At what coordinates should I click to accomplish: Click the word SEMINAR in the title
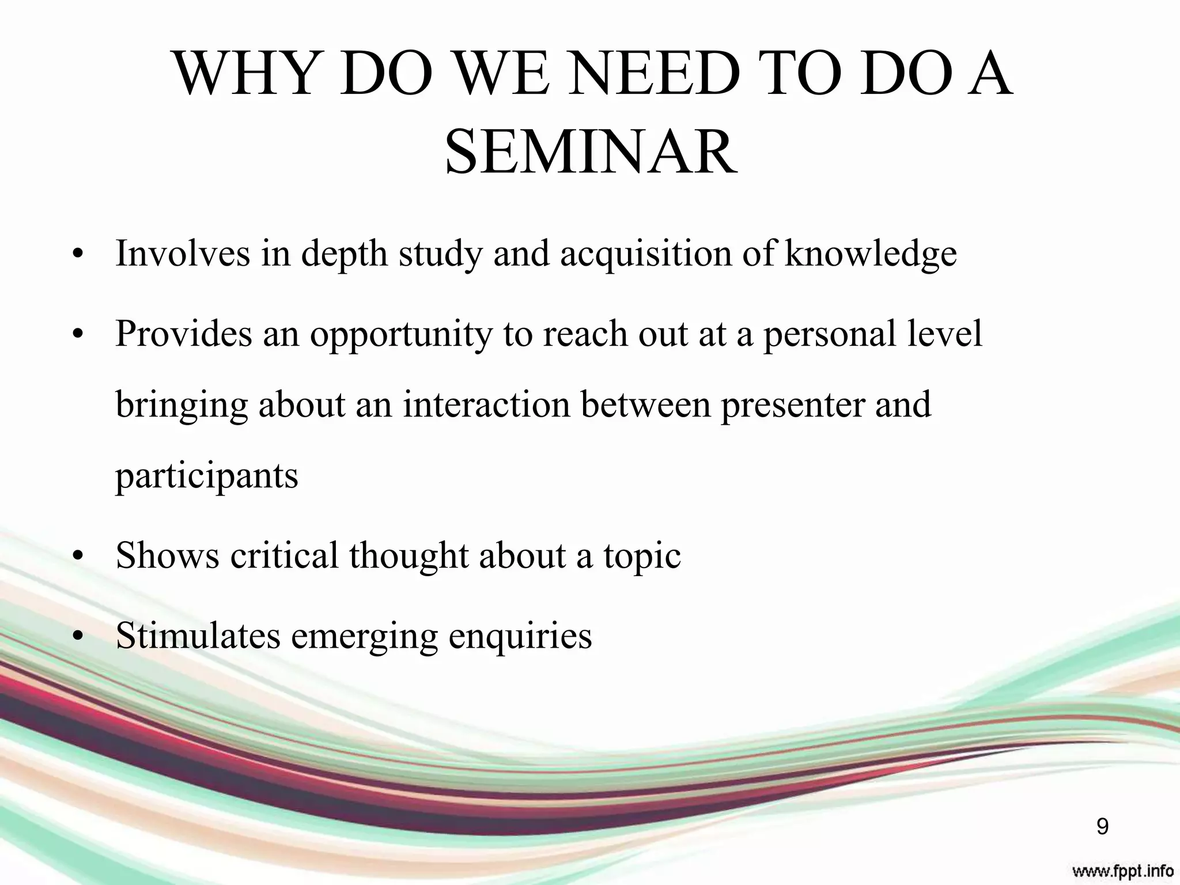click(591, 153)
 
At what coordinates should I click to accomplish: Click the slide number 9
click(1102, 827)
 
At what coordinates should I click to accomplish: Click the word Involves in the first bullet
click(182, 253)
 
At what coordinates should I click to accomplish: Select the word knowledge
click(870, 254)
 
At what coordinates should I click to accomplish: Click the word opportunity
click(401, 335)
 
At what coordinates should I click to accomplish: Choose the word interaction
click(486, 404)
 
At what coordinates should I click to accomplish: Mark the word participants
click(207, 476)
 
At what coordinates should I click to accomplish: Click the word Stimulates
click(198, 636)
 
